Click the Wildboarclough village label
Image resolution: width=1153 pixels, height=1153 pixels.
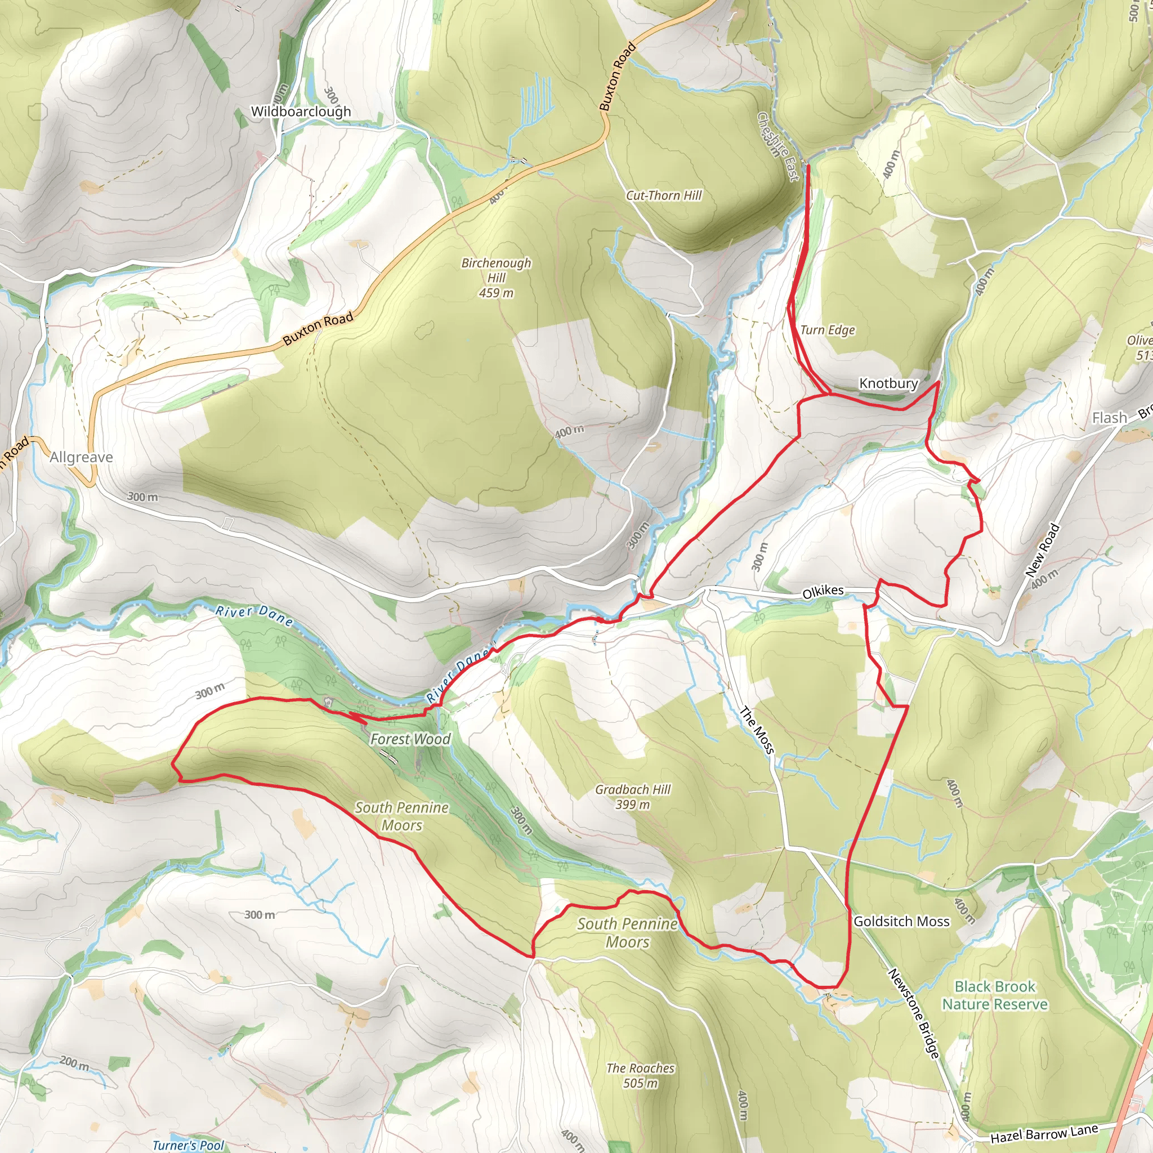301,111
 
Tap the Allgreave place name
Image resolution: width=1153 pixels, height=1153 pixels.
81,457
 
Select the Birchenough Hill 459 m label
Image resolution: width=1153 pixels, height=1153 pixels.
496,278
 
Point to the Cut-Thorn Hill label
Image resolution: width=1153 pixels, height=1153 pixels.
664,195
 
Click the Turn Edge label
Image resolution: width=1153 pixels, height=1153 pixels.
827,330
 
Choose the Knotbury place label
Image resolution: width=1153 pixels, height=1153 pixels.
888,383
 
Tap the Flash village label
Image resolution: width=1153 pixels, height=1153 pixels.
1110,418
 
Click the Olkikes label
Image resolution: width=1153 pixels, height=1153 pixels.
823,592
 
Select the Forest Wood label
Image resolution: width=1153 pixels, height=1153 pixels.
410,739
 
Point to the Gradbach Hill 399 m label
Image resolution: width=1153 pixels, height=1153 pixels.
633,797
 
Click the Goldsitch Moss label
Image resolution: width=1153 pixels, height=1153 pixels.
901,922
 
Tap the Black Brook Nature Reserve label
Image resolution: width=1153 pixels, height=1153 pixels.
995,995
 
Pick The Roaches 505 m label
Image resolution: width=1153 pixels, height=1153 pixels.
640,1075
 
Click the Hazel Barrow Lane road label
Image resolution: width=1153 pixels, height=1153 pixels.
1044,1132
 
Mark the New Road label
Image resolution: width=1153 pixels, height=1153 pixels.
1042,549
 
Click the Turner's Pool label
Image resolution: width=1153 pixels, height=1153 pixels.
188,1145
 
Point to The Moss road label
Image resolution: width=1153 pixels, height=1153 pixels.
757,729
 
